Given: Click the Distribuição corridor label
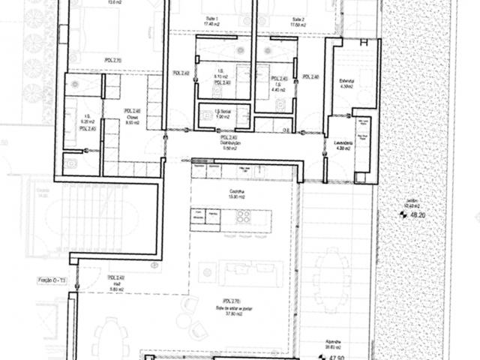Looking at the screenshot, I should click(x=230, y=142).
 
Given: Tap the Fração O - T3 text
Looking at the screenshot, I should click(x=50, y=280).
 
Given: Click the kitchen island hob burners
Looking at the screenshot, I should click(x=244, y=217).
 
